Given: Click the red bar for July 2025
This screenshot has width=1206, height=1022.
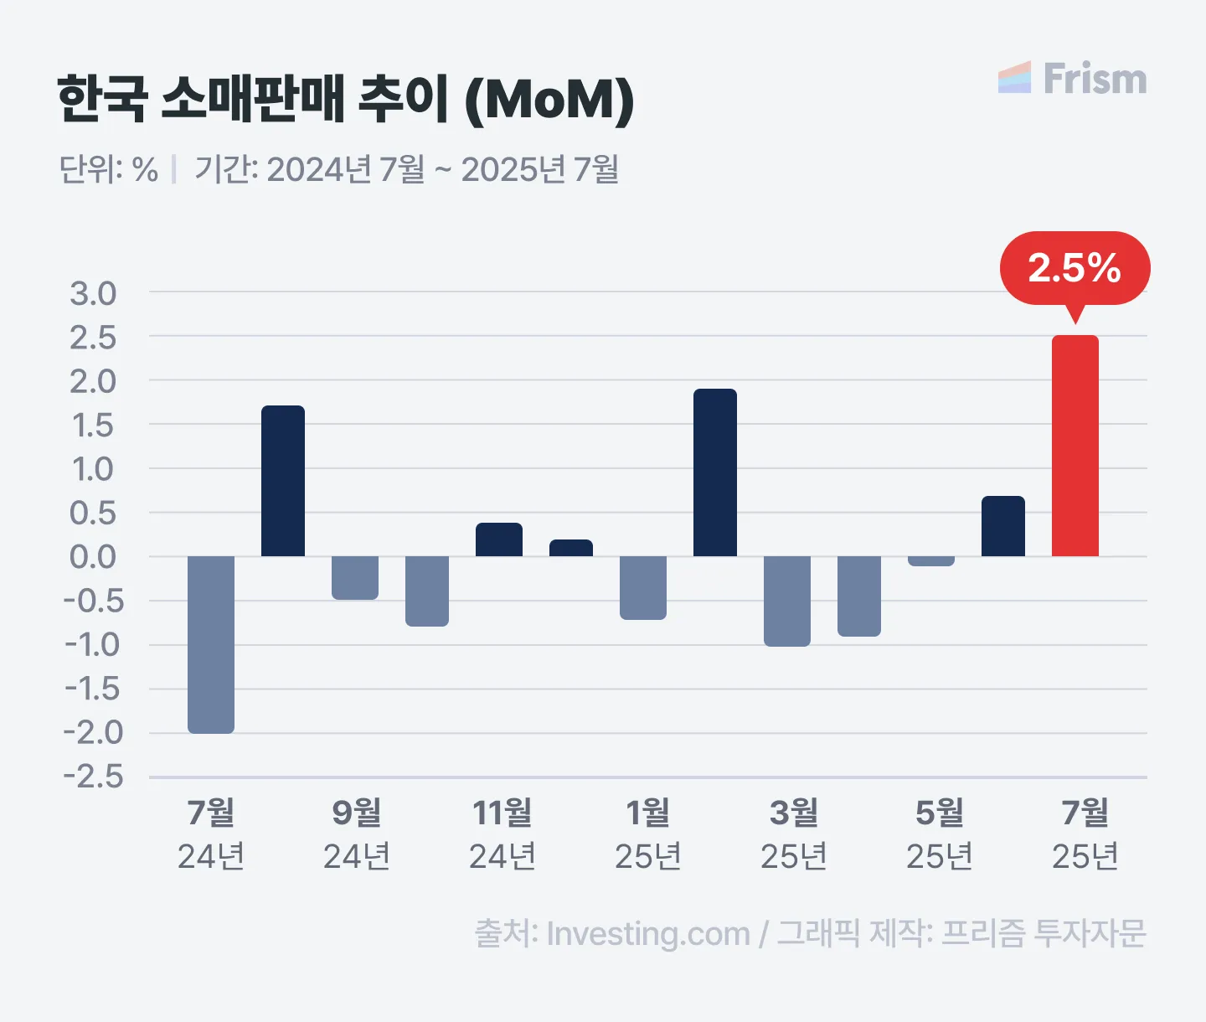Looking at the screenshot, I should click(x=1075, y=446).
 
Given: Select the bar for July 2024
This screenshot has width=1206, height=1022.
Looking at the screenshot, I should click(x=211, y=644).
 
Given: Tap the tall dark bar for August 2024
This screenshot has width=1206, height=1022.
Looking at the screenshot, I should click(x=283, y=481).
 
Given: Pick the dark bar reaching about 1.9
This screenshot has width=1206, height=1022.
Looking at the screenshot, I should click(x=715, y=472).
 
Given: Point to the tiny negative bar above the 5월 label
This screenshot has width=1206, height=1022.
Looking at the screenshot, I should click(x=931, y=561).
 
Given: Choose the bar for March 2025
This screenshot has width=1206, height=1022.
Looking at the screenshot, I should click(x=787, y=601).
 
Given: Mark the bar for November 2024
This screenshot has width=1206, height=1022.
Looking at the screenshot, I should click(x=499, y=539).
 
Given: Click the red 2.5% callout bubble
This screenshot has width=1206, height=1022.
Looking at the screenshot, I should click(x=1075, y=268).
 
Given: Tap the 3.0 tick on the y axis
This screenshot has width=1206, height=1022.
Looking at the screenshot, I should click(x=93, y=294).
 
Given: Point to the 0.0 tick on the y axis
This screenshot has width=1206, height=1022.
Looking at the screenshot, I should click(x=93, y=557).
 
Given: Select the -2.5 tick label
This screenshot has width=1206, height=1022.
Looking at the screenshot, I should click(x=93, y=777).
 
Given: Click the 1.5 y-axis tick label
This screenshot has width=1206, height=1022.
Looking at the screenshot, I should click(x=93, y=426).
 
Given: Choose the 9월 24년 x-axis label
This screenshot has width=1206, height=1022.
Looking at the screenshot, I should click(x=357, y=834).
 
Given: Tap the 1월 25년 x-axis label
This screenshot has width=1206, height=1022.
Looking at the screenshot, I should click(x=648, y=834).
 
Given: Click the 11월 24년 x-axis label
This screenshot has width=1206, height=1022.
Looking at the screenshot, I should click(x=502, y=834).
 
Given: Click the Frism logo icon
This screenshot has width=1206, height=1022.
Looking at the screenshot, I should click(x=1015, y=78).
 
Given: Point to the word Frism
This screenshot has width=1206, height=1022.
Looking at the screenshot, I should click(x=1095, y=79).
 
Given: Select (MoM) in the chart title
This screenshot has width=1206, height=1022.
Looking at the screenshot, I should click(x=549, y=100).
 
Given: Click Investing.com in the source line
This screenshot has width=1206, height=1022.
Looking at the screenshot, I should click(x=648, y=933).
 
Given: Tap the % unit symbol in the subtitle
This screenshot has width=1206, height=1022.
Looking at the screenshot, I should click(x=145, y=170).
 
